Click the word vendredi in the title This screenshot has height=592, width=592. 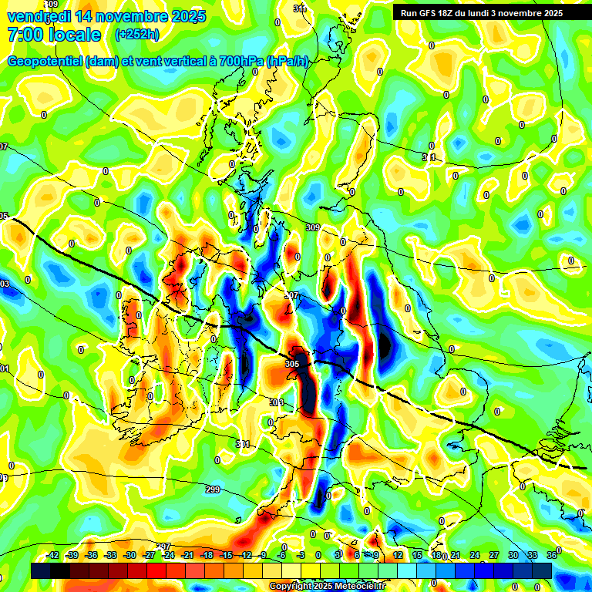(37, 16)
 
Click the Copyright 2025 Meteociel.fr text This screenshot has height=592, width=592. (327, 587)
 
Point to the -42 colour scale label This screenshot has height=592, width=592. (52, 555)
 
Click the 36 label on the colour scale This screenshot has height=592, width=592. (551, 555)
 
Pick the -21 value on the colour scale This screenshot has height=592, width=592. (187, 555)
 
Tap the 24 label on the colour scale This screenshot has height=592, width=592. (474, 555)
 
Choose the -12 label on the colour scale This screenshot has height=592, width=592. (245, 555)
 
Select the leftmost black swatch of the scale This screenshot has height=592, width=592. (41, 570)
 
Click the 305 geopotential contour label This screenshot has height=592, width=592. (292, 364)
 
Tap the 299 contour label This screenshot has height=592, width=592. (214, 489)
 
